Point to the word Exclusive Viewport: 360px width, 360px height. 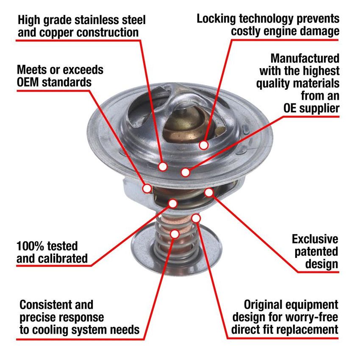pos(315,239)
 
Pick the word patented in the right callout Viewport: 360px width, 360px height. pos(317,252)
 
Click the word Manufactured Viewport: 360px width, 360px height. pos(305,58)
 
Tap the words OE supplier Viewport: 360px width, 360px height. pos(311,108)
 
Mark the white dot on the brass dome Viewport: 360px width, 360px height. pos(204,145)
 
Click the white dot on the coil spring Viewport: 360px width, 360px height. pos(175,233)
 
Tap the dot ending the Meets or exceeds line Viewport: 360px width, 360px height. pos(147,188)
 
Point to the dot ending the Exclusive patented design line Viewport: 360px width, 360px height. pos(209,192)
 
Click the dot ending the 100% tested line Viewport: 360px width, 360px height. pos(172,203)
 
